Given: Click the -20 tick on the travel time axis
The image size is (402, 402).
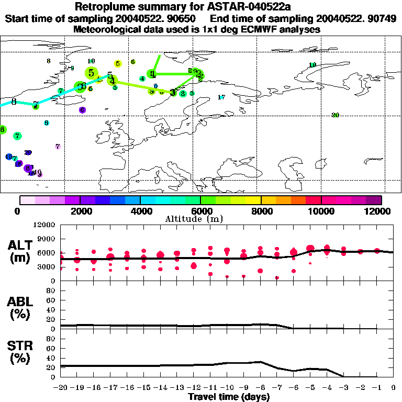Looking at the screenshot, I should (x=61, y=387).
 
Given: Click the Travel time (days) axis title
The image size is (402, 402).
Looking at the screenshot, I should (x=228, y=397).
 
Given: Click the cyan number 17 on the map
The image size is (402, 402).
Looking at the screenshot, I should (x=221, y=97).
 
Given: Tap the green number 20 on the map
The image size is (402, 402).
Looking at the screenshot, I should (x=336, y=115).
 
